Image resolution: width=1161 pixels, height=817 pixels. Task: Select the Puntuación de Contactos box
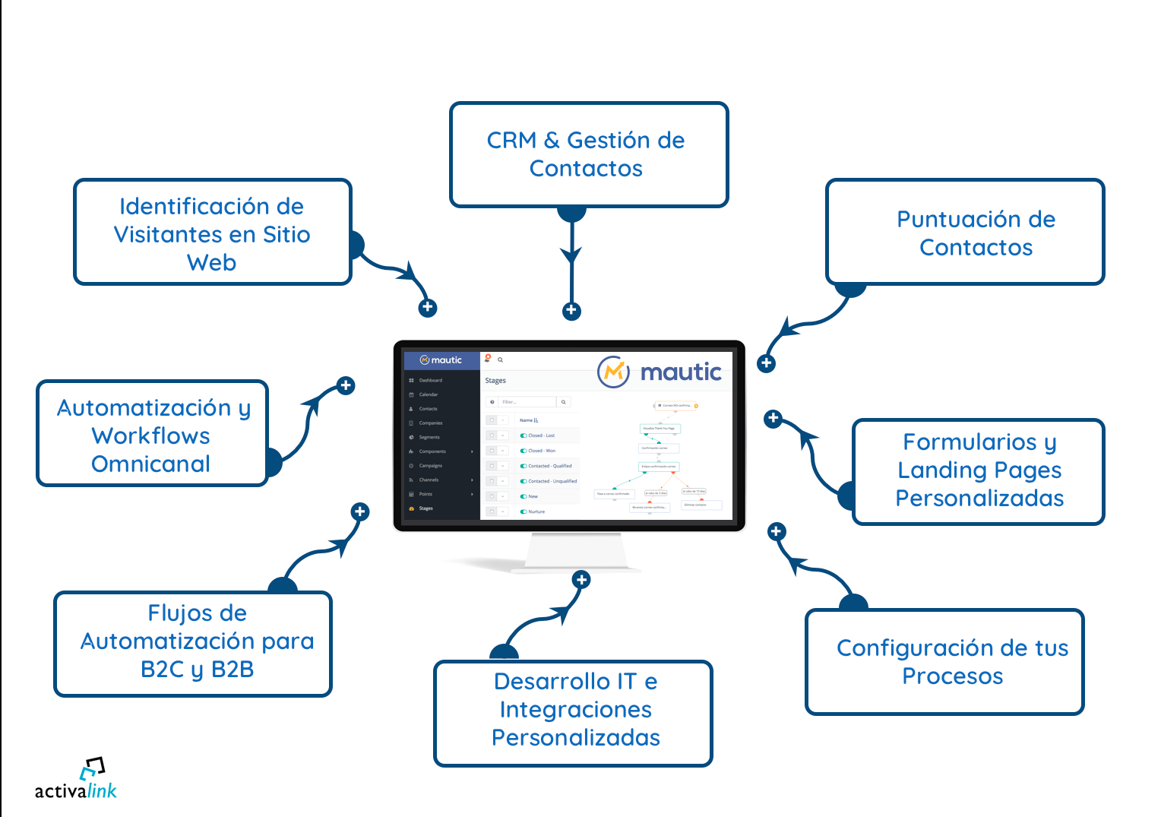(x=965, y=233)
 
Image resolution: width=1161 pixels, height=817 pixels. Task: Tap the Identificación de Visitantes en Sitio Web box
(x=212, y=233)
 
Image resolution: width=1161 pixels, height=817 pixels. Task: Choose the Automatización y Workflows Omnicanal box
(x=152, y=434)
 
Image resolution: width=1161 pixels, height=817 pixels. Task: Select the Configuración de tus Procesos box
(x=944, y=662)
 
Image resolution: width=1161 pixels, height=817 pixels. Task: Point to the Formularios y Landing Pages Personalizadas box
(x=979, y=471)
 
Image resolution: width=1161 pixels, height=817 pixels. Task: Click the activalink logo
(x=76, y=780)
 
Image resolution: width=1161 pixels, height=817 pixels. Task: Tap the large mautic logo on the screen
(x=660, y=372)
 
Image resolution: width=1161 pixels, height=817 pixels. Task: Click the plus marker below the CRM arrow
(x=571, y=311)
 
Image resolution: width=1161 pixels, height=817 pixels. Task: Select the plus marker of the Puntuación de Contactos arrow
(x=767, y=363)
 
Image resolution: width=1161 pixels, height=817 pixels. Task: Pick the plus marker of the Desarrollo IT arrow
(x=581, y=580)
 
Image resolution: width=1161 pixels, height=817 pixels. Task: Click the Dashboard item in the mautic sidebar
(x=430, y=380)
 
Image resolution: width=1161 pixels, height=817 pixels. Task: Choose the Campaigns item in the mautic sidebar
(x=430, y=465)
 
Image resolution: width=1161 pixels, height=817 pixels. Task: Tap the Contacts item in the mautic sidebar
(x=428, y=409)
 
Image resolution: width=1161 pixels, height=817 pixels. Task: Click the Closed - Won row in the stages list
(x=542, y=451)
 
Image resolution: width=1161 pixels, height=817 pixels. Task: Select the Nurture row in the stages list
(x=536, y=511)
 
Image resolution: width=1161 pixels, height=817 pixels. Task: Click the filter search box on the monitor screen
(x=528, y=402)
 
